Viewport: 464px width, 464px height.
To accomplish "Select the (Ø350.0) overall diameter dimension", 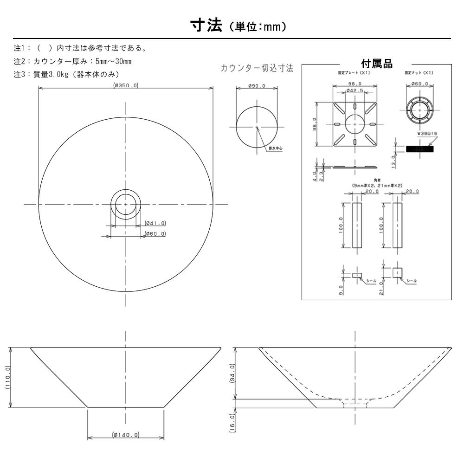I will coord(126,84).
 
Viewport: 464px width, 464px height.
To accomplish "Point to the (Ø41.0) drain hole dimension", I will coord(155,223).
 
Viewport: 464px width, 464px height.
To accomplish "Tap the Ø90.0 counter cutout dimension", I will coord(256,86).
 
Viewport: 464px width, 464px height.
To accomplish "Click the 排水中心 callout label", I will coord(276,149).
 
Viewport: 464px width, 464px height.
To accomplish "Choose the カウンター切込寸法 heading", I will coord(257,68).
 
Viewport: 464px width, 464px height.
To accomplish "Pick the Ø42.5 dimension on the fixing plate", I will coord(354,90).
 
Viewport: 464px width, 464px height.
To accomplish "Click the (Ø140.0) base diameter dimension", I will coord(125,435).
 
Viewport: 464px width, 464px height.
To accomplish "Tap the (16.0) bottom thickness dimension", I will coord(232,422).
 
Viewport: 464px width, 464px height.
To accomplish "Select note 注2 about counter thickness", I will coord(73,61).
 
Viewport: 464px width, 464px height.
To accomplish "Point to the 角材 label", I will coord(376,180).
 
